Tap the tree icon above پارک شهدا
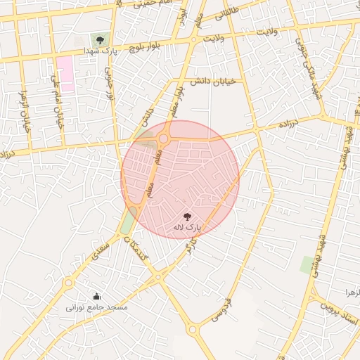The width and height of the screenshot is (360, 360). tap(98, 39)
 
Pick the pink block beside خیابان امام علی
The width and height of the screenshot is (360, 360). tap(65, 74)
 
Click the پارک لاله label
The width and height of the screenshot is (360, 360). tap(188, 229)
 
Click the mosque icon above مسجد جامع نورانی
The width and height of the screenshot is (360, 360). tap(97, 296)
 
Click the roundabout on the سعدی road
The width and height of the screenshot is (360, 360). tap(68, 283)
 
